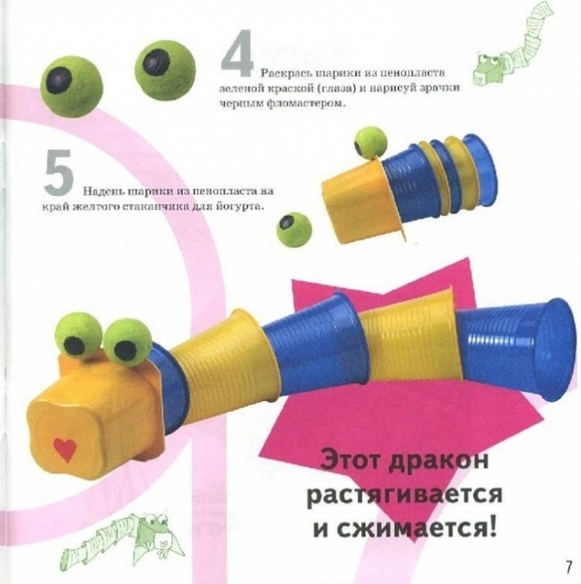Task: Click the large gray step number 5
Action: click(58, 172)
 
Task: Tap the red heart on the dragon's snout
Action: click(65, 450)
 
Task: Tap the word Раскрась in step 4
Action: click(285, 73)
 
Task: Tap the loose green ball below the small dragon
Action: click(294, 227)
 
